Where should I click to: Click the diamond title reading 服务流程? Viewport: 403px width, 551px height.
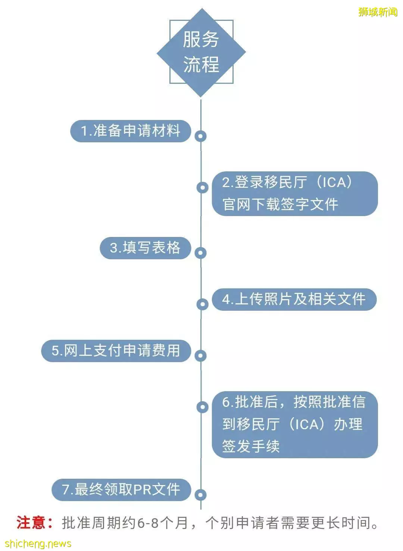tap(201, 53)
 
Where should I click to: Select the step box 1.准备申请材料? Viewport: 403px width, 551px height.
tap(131, 131)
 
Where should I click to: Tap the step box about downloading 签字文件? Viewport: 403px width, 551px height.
tap(295, 194)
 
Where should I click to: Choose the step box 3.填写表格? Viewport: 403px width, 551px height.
tap(145, 248)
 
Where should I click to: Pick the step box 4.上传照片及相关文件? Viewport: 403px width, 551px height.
tap(294, 300)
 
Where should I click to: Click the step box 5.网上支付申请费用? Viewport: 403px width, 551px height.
tap(116, 351)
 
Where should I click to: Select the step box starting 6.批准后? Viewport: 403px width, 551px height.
tap(295, 425)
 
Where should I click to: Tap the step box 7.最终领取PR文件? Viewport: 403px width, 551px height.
tap(121, 490)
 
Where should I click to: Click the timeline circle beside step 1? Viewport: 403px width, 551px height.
tap(200, 136)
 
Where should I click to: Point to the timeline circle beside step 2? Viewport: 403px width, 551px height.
tap(203, 188)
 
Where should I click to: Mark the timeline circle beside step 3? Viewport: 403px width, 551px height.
tap(200, 253)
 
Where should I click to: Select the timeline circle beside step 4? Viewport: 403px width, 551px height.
tap(203, 304)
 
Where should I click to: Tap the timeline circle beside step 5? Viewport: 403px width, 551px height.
tap(200, 356)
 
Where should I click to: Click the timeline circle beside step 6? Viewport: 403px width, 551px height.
tap(203, 407)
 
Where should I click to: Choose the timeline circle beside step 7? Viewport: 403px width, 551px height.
tap(200, 495)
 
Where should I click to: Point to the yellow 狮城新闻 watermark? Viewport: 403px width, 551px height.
tap(378, 12)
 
